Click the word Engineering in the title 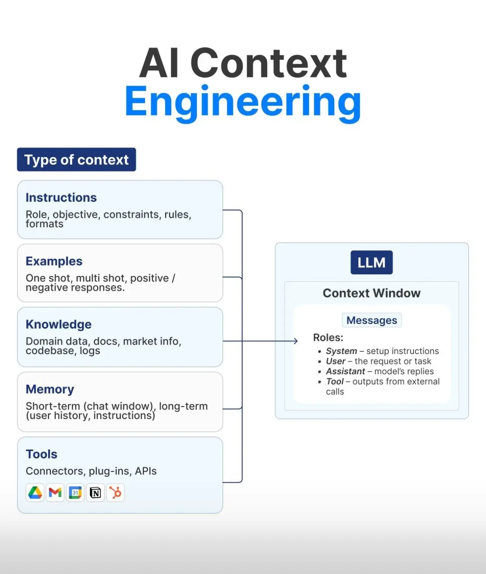coord(243,101)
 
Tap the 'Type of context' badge coord(76,160)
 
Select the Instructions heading coord(61,198)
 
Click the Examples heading coord(54,261)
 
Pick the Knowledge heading coord(59,324)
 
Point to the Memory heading coord(50,389)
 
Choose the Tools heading coord(41,454)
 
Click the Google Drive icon coord(35,493)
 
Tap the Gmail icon coord(55,493)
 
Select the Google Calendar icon coord(75,493)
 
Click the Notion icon coord(95,493)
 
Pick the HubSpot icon coord(115,493)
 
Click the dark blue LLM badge coord(371,262)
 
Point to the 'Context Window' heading coord(371,293)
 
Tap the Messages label coord(371,320)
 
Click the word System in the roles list coord(341,351)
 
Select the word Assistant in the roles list coord(345,371)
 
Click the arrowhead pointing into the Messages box coord(296,341)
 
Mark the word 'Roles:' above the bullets coord(328,338)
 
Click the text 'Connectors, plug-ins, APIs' coord(91,471)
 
